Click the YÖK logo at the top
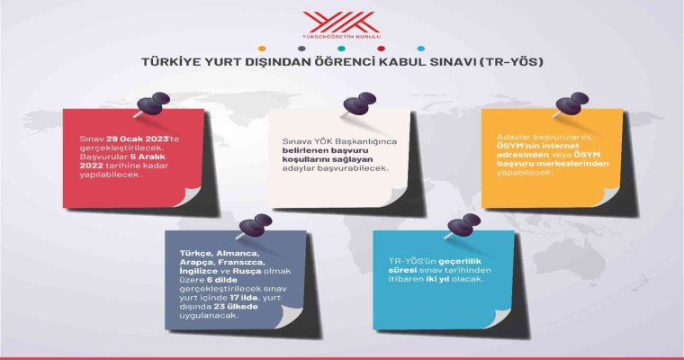(x=342, y=25)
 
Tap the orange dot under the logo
(x=262, y=49)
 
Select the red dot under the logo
(x=382, y=49)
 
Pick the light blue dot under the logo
(x=421, y=49)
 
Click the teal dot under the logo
(x=342, y=49)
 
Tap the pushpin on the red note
(x=153, y=104)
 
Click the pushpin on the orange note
(x=571, y=104)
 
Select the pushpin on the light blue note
(x=463, y=226)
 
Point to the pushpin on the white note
(x=359, y=104)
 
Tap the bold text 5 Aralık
(x=148, y=157)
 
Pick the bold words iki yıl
(x=438, y=279)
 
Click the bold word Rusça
(x=247, y=271)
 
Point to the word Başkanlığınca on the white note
(x=371, y=142)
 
